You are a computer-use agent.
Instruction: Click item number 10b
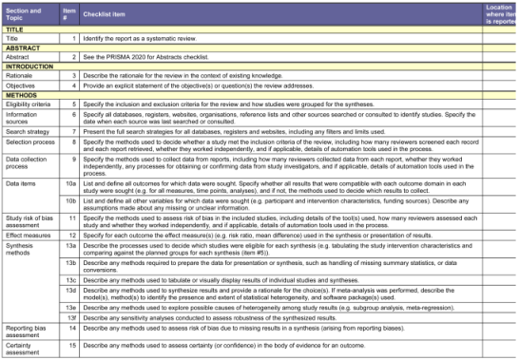pos(69,201)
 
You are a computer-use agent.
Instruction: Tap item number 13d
pos(69,291)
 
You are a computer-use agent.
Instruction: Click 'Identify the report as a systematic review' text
pos(142,37)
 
